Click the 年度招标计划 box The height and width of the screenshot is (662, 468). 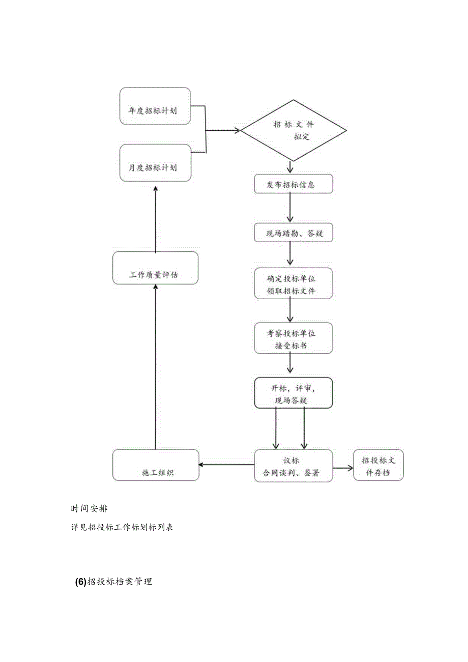click(155, 106)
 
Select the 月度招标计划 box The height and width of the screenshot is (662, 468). click(155, 163)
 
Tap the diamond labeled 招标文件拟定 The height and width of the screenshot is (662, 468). click(294, 131)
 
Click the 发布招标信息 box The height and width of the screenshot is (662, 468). click(294, 184)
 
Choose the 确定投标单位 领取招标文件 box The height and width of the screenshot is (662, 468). click(294, 283)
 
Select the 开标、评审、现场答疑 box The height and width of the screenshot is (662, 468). click(294, 392)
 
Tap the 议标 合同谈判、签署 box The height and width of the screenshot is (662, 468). click(294, 465)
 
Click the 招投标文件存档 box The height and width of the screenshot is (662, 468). click(378, 465)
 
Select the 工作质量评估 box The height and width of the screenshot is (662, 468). click(155, 268)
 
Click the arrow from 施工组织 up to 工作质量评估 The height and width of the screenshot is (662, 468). click(156, 366)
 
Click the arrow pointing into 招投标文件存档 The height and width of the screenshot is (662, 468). click(343, 467)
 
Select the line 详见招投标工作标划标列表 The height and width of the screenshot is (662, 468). click(122, 527)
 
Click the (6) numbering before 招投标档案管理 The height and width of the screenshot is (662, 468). click(80, 583)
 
